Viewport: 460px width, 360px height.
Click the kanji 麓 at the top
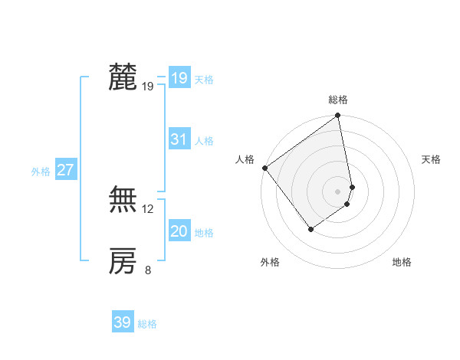pyautogui.click(x=123, y=77)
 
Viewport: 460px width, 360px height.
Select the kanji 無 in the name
pyautogui.click(x=123, y=201)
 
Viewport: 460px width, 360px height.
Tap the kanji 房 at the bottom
pyautogui.click(x=123, y=261)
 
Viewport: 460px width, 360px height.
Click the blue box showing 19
pyautogui.click(x=179, y=78)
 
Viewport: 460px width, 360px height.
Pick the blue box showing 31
pyautogui.click(x=179, y=139)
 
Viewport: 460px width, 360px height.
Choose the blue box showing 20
pyautogui.click(x=179, y=231)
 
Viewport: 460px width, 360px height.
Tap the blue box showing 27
pyautogui.click(x=65, y=170)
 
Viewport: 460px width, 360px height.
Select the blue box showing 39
pyautogui.click(x=122, y=322)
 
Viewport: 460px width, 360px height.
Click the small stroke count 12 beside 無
pyautogui.click(x=148, y=208)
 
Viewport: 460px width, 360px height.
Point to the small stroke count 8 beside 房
pyautogui.click(x=148, y=270)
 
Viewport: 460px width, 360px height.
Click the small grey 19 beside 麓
pyautogui.click(x=148, y=86)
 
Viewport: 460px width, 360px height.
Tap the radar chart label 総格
pyautogui.click(x=338, y=100)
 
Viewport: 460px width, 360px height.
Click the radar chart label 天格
pyautogui.click(x=431, y=159)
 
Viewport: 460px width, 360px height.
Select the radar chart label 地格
pyautogui.click(x=402, y=263)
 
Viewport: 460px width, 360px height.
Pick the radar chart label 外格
pyautogui.click(x=270, y=263)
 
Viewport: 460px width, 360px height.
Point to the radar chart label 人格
pyautogui.click(x=245, y=159)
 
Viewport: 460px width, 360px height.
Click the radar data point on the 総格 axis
pyautogui.click(x=338, y=116)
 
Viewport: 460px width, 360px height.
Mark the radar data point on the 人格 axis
pyautogui.click(x=264, y=168)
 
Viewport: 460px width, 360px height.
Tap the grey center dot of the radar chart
pyautogui.click(x=337, y=191)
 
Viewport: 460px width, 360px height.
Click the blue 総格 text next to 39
pyautogui.click(x=147, y=324)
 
